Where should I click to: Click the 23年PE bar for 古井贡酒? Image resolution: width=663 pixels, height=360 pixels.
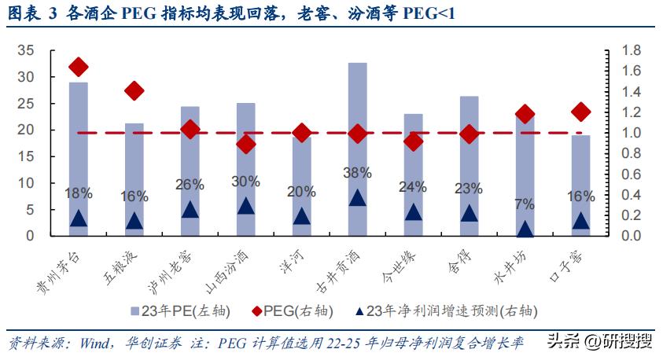pyautogui.click(x=358, y=149)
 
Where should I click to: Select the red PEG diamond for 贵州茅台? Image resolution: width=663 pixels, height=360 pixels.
pyautogui.click(x=78, y=67)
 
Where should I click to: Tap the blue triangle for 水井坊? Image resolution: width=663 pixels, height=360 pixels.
pyautogui.click(x=525, y=230)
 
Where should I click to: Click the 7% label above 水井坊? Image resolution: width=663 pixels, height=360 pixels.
pyautogui.click(x=525, y=204)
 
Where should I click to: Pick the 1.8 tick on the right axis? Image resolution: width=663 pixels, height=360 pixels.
pyautogui.click(x=632, y=50)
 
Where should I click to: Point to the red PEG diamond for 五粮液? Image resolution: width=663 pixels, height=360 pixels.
pyautogui.click(x=134, y=91)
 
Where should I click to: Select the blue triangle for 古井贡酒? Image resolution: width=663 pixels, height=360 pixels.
pyautogui.click(x=358, y=198)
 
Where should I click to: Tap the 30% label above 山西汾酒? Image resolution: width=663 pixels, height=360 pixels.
pyautogui.click(x=246, y=182)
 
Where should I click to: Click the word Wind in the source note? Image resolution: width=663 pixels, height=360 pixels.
pyautogui.click(x=92, y=343)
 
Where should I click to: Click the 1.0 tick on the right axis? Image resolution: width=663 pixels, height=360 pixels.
pyautogui.click(x=632, y=133)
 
